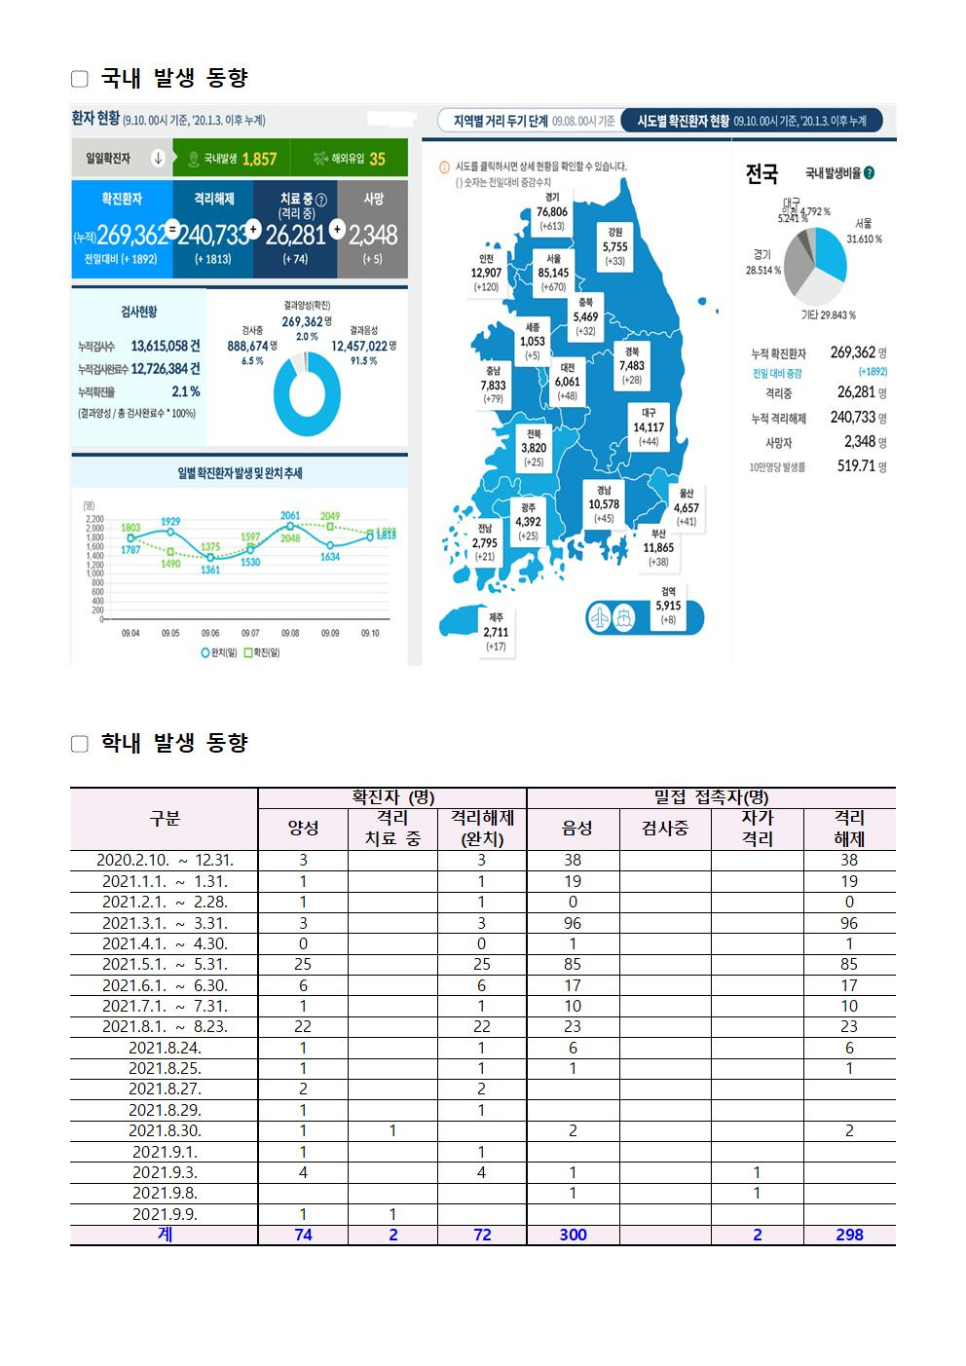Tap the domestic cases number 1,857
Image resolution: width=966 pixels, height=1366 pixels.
[x=259, y=159]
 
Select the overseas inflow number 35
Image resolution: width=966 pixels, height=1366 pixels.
[x=377, y=159]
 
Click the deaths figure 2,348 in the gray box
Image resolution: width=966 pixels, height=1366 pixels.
[x=373, y=235]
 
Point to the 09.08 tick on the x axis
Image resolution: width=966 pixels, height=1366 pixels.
[x=290, y=633]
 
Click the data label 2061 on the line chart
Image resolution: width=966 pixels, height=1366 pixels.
[x=290, y=515]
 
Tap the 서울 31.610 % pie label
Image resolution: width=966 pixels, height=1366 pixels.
[x=864, y=231]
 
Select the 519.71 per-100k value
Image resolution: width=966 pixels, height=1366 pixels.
[x=857, y=466]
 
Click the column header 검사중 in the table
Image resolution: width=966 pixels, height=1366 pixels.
[x=665, y=829]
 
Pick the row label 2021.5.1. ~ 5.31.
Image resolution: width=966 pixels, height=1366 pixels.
[x=165, y=965]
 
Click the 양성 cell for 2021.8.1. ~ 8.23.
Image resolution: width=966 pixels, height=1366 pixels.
[x=303, y=1027]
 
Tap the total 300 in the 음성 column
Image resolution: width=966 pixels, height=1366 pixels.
[x=573, y=1235]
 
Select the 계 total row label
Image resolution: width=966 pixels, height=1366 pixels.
[x=165, y=1235]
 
